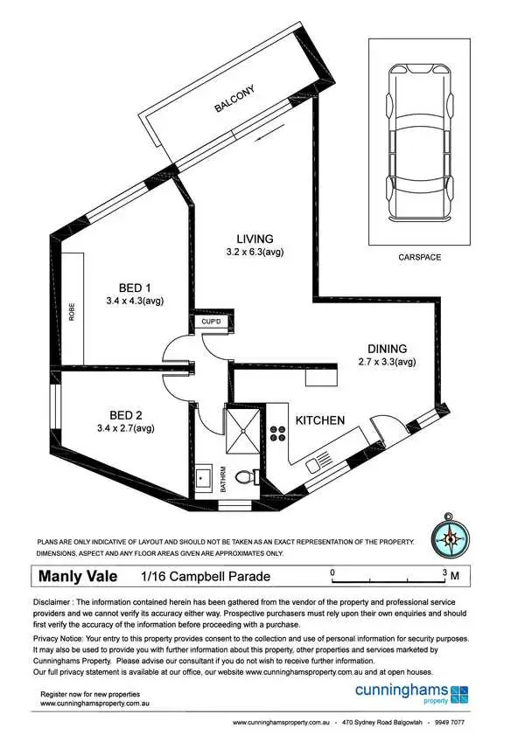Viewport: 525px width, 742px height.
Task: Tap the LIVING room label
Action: tap(255, 239)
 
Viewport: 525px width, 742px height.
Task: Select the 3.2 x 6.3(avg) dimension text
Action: tap(255, 253)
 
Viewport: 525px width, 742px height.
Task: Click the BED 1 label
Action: tap(136, 287)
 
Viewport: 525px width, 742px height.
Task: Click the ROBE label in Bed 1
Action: tap(73, 311)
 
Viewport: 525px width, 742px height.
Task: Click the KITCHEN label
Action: tap(319, 420)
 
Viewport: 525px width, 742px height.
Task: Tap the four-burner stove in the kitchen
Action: tap(278, 434)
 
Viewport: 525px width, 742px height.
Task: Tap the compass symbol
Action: tap(449, 538)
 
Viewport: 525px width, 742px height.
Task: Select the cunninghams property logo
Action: tap(411, 693)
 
